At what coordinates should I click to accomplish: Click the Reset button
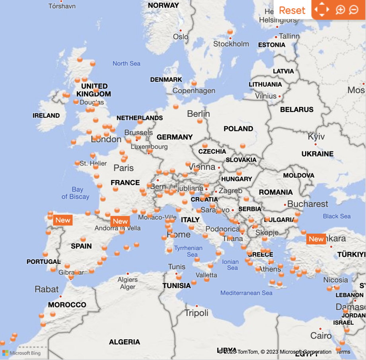pyautogui.click(x=292, y=10)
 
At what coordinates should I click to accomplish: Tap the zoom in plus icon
pyautogui.click(x=340, y=10)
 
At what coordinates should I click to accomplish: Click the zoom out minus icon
pyautogui.click(x=354, y=10)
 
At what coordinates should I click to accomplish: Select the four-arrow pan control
pyautogui.click(x=321, y=10)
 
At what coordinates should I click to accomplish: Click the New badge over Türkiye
pyautogui.click(x=316, y=239)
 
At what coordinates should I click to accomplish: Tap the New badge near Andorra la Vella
pyautogui.click(x=120, y=221)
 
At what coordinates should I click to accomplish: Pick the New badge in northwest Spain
pyautogui.click(x=63, y=220)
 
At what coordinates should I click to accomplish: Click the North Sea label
pyautogui.click(x=126, y=64)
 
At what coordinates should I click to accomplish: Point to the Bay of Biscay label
pyautogui.click(x=75, y=193)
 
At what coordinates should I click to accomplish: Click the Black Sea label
pyautogui.click(x=337, y=216)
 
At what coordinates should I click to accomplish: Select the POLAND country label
pyautogui.click(x=238, y=129)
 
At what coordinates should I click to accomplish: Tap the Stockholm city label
pyautogui.click(x=231, y=44)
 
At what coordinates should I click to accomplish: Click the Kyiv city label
pyautogui.click(x=316, y=137)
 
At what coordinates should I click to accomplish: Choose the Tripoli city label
pyautogui.click(x=197, y=313)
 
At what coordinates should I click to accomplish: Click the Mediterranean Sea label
pyautogui.click(x=246, y=293)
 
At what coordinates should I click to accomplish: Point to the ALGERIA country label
pyautogui.click(x=125, y=342)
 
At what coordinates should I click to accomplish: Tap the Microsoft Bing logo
pyautogui.click(x=21, y=353)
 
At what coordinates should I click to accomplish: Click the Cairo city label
pyautogui.click(x=321, y=336)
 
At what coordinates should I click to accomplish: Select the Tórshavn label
pyautogui.click(x=62, y=6)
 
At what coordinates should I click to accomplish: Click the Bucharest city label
pyautogui.click(x=308, y=204)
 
